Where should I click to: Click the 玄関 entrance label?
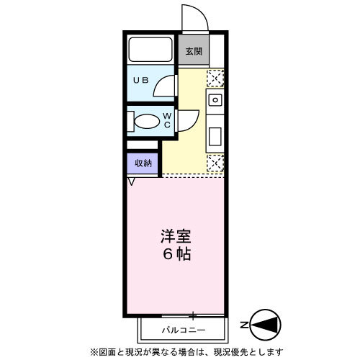(x=192, y=51)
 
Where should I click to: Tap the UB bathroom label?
(x=140, y=81)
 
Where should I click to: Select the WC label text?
(x=166, y=120)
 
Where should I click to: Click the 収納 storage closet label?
(x=143, y=163)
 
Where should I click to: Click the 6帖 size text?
(x=176, y=255)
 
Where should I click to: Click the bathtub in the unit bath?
(x=151, y=50)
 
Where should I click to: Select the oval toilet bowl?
(x=147, y=121)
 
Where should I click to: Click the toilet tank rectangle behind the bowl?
(x=129, y=121)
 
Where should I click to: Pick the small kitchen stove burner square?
(x=215, y=99)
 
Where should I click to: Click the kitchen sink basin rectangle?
(x=215, y=134)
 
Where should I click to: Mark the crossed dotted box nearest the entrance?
(x=215, y=78)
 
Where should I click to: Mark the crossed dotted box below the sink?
(x=215, y=163)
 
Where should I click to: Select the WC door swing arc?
(x=189, y=120)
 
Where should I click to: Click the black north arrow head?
(x=268, y=326)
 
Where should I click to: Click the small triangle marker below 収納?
(x=132, y=182)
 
